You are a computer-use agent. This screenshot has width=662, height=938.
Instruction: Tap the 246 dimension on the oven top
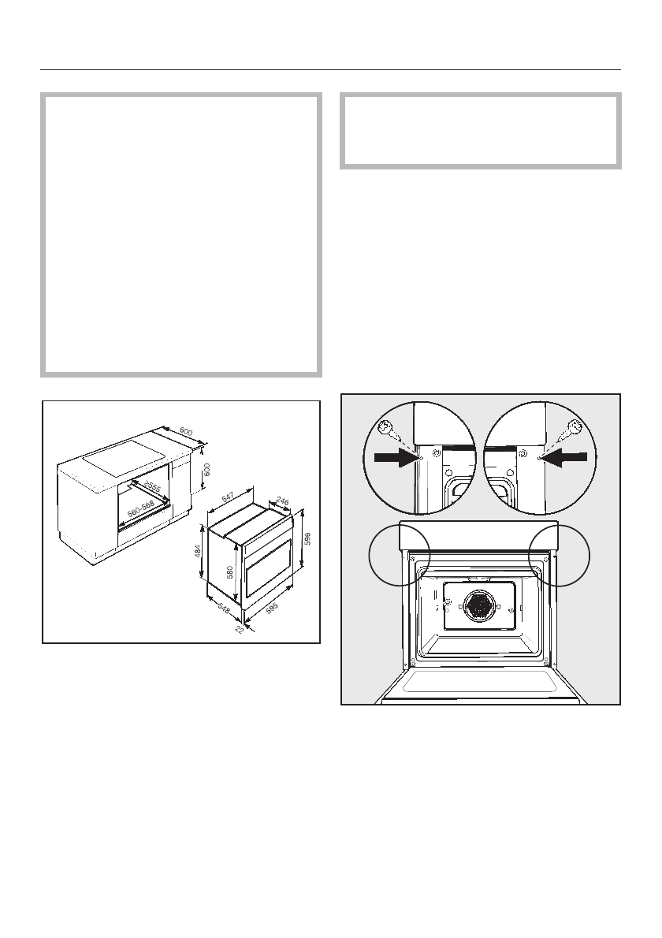coord(280,499)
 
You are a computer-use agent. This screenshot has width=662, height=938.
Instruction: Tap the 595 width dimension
coord(271,609)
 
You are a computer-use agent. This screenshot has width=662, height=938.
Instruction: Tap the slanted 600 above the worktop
coord(186,432)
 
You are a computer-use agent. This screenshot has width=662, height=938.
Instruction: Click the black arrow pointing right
coord(396,456)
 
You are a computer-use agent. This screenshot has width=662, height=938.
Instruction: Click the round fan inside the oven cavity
coord(479,605)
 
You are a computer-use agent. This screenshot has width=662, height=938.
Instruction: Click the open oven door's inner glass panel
coord(480,681)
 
